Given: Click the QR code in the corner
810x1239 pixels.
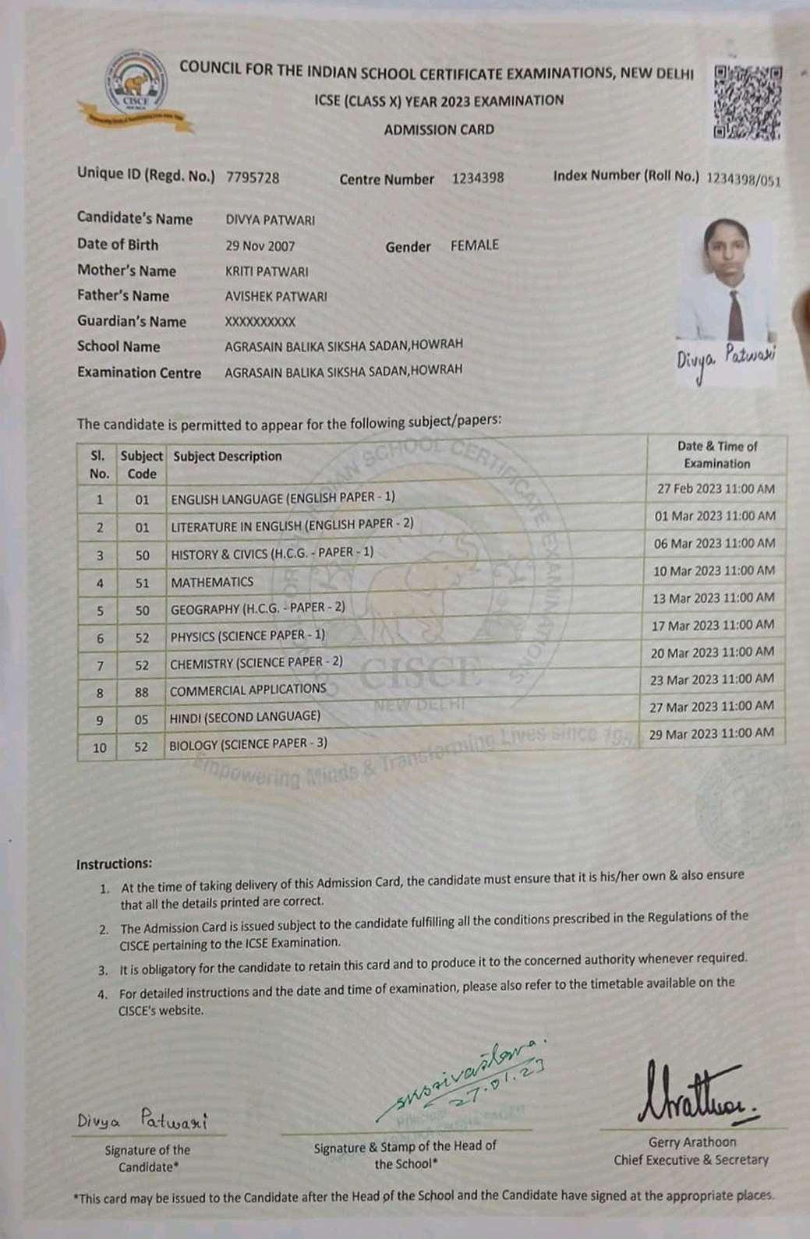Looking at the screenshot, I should coord(748,103).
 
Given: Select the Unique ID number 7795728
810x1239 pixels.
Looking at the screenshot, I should coord(253,177).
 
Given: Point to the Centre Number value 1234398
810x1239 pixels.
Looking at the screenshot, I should coord(477,178).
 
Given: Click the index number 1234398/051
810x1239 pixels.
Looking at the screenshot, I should coord(742,178).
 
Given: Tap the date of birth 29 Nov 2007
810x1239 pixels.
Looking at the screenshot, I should coord(260,245).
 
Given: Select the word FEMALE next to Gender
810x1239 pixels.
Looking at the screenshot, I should coord(474,245).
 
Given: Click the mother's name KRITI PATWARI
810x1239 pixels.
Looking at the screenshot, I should coord(267,271).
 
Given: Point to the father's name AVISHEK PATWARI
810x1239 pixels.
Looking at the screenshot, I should coord(276,296).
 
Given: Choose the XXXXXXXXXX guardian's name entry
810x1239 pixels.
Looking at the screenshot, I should coord(260,321).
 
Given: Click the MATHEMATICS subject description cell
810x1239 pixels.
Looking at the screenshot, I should coord(212,582).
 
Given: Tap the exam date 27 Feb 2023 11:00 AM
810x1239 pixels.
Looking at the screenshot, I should coord(716,489).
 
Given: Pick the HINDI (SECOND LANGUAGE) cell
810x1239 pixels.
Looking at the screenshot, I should coord(245,717).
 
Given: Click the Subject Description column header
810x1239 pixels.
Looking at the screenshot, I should coord(228,457).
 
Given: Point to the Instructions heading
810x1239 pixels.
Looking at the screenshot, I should coord(114,863).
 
